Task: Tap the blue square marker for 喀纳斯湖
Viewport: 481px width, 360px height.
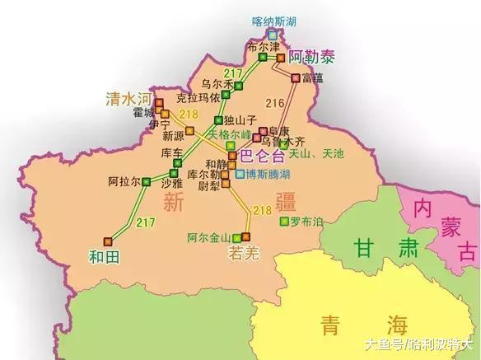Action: (273, 35)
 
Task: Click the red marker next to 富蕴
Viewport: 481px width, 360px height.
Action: (297, 78)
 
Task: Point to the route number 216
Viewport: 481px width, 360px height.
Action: (275, 103)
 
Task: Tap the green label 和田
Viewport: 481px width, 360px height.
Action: (105, 256)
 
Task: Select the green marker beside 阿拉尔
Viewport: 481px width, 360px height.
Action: (146, 181)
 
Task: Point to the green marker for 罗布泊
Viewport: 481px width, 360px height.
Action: (284, 221)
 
